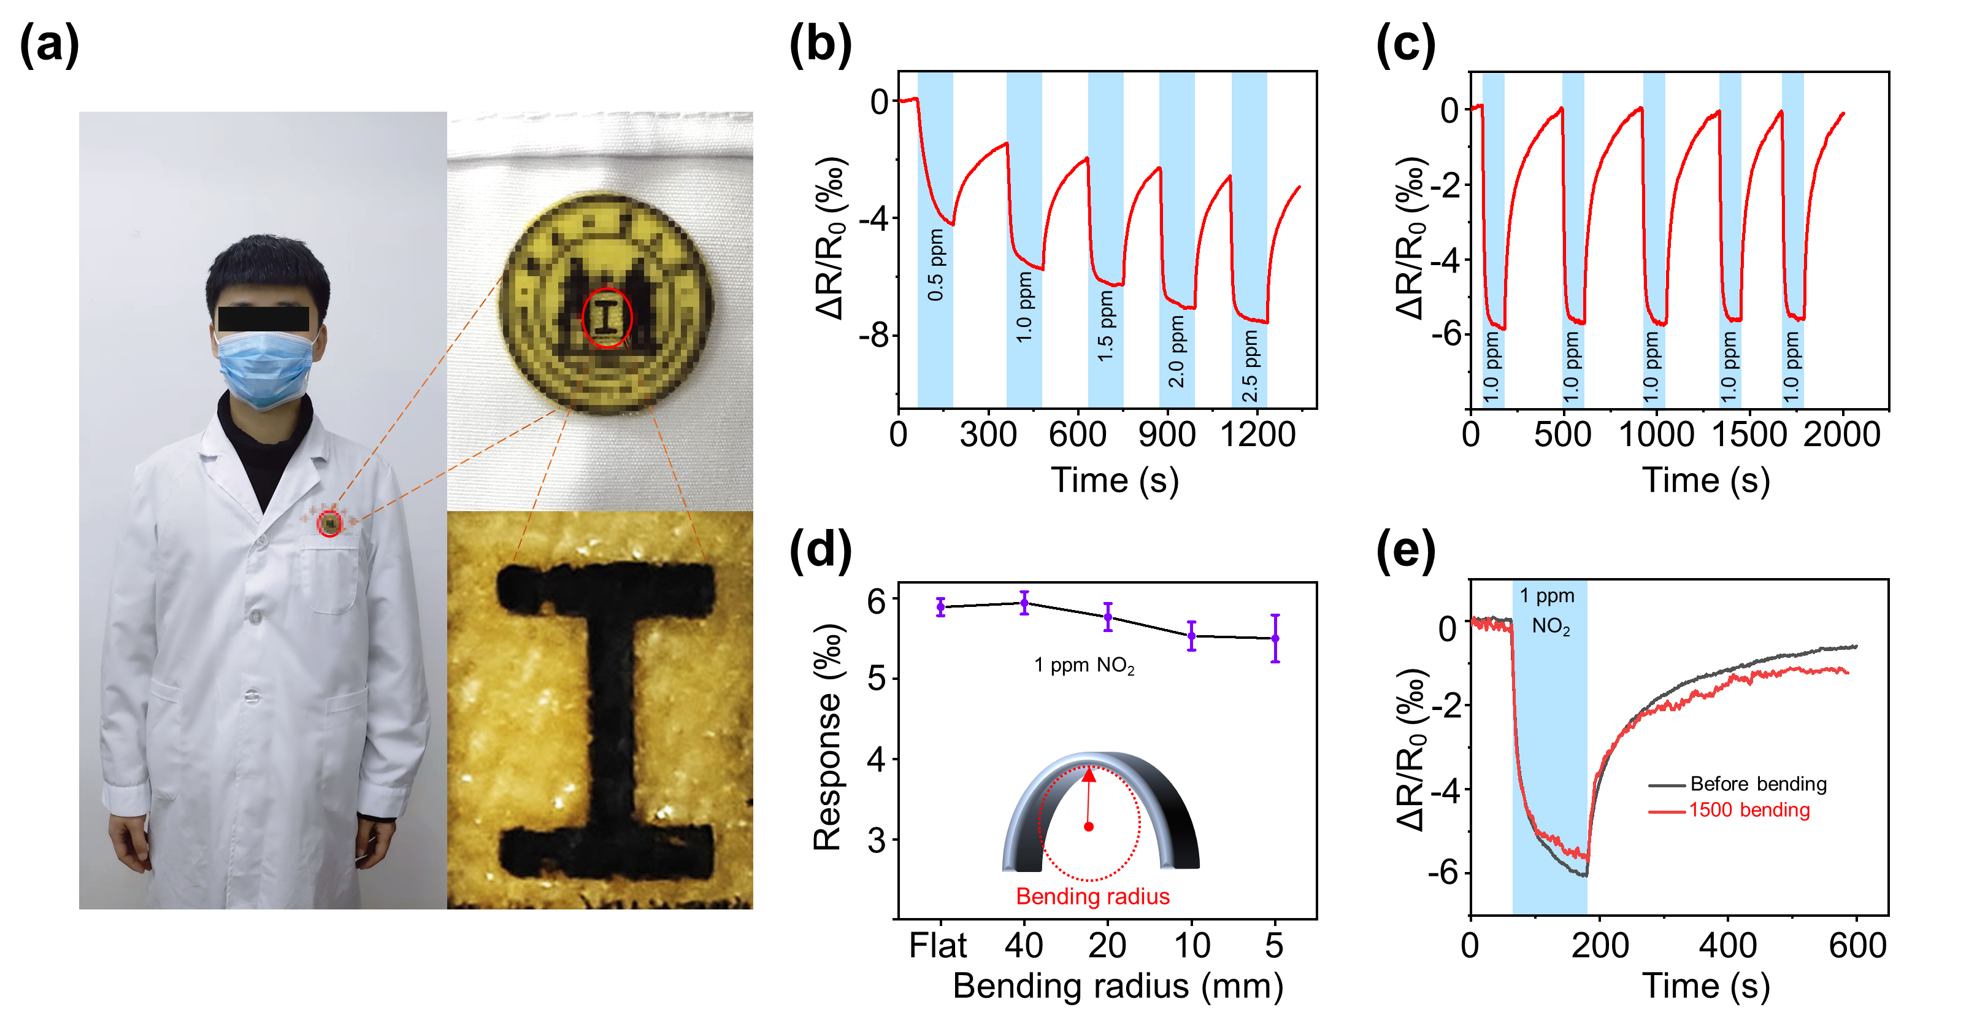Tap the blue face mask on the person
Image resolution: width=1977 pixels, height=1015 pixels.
264,368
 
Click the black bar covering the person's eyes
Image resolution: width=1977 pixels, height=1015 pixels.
263,318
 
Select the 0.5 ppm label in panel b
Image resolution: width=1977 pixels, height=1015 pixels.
935,265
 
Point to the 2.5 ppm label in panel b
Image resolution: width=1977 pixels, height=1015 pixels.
1250,366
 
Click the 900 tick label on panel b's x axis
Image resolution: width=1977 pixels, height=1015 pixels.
1167,434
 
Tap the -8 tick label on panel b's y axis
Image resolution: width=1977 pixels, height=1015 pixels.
874,336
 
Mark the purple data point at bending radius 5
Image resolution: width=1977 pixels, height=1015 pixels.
1275,638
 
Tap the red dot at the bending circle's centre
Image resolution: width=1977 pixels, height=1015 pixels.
1088,826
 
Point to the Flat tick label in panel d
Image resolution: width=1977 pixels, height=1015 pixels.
938,945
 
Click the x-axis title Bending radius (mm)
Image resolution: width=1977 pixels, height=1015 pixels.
1118,986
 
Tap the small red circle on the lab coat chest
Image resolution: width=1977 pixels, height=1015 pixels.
330,523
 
